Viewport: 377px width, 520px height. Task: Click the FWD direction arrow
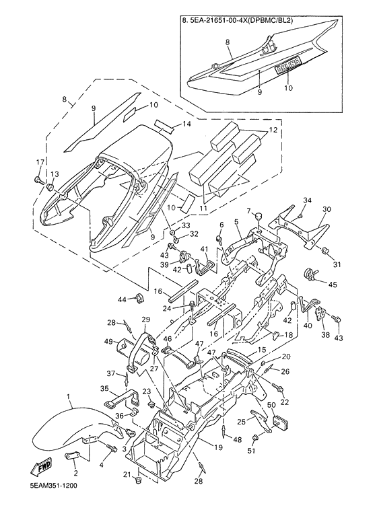[x=41, y=468]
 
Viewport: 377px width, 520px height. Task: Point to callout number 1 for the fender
[x=69, y=396]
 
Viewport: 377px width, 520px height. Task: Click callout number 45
[x=332, y=285]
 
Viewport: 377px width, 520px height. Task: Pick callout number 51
[x=254, y=450]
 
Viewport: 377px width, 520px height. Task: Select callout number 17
[x=40, y=163]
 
